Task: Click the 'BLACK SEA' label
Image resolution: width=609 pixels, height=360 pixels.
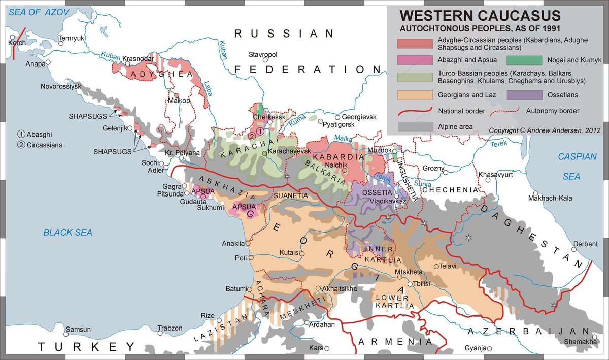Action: pos(67,233)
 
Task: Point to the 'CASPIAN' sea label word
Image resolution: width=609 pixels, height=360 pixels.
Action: pos(578,156)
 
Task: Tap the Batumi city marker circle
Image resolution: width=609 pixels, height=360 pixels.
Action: pos(250,289)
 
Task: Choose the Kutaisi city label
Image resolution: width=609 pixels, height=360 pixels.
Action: pos(290,252)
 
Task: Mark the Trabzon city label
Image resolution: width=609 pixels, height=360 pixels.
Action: pos(170,328)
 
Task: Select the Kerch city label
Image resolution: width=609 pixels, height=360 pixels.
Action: pos(17,43)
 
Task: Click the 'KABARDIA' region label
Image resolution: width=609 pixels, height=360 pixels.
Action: pos(342,157)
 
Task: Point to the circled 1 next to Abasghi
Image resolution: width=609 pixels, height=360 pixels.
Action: pos(21,134)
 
